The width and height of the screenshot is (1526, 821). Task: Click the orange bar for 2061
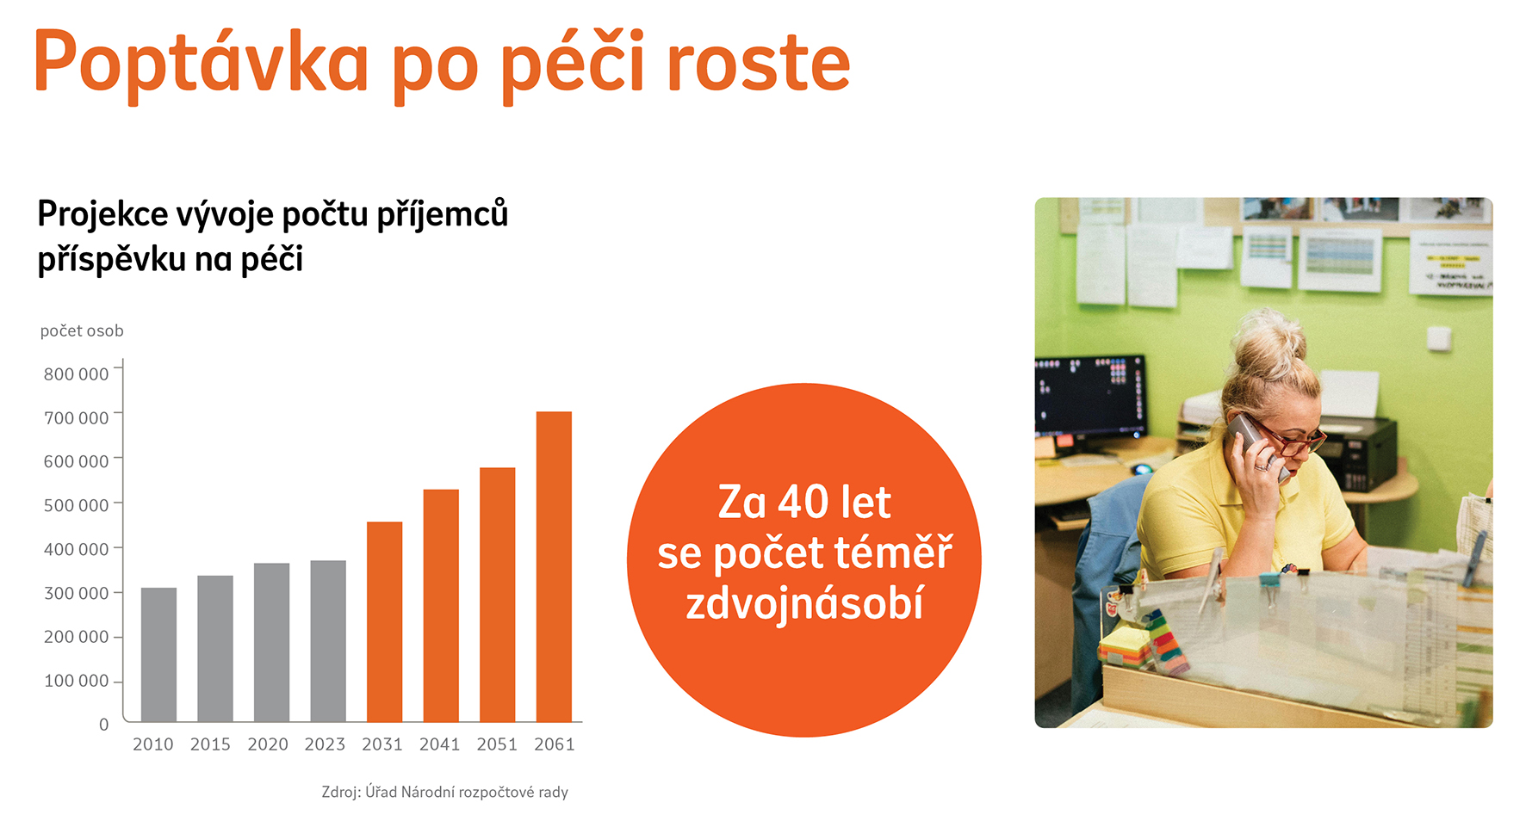(x=554, y=566)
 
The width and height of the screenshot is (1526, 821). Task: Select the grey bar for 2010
(x=158, y=654)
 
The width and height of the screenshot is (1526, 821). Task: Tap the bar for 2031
(x=384, y=621)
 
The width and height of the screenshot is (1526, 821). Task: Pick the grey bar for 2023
(x=328, y=641)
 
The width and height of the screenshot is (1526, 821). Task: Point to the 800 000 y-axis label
(x=77, y=374)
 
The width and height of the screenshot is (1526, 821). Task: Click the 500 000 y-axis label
(x=77, y=505)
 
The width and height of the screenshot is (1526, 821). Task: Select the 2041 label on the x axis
(x=439, y=744)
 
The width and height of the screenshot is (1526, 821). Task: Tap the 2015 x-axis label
(x=210, y=744)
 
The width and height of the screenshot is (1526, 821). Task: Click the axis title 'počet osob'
(x=82, y=331)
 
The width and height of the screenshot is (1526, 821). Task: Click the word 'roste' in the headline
(x=759, y=64)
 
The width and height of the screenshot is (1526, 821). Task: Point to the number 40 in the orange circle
(x=803, y=503)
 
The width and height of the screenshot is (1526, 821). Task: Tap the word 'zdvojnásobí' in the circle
(x=804, y=602)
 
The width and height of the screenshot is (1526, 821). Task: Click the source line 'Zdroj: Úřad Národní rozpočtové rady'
(x=445, y=792)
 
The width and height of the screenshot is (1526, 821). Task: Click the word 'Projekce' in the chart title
(x=102, y=215)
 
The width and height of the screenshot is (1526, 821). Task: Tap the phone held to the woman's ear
(x=1254, y=441)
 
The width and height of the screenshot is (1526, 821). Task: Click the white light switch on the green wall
(x=1439, y=338)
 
